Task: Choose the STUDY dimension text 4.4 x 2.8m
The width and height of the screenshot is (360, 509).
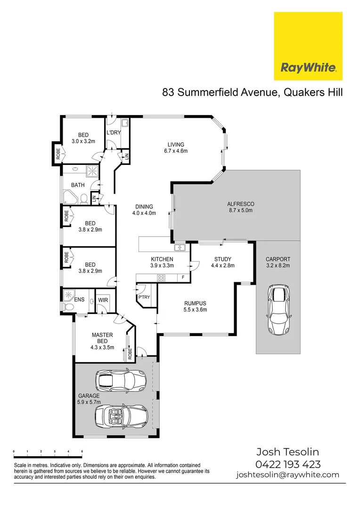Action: pos(223,265)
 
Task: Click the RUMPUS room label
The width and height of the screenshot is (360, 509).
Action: pos(195,303)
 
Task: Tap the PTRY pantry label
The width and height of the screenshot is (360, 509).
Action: pos(144,298)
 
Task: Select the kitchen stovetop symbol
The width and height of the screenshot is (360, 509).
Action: pos(161,278)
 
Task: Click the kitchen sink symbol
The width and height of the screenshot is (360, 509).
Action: pos(180,247)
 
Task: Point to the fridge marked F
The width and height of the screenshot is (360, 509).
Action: pos(183,278)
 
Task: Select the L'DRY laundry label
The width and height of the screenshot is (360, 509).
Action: pos(113,133)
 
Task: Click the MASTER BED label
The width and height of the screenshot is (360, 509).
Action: pos(102,338)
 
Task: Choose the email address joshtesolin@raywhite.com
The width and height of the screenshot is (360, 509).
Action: pos(287,475)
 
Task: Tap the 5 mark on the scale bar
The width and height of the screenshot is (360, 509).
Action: pos(82,452)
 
